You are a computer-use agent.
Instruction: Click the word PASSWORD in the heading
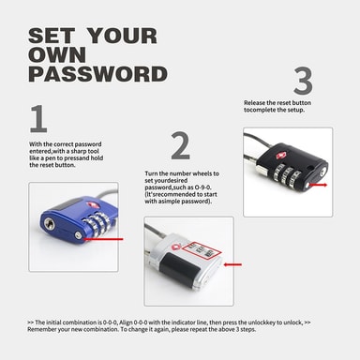[97, 74]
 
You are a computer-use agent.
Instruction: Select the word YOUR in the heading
[122, 36]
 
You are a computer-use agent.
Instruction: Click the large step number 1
[38, 119]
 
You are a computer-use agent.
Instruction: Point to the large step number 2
[181, 146]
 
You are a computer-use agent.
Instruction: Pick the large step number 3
[303, 81]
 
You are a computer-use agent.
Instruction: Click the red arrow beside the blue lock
[103, 239]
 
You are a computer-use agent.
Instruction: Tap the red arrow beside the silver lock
[232, 264]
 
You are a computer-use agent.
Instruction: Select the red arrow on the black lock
[318, 185]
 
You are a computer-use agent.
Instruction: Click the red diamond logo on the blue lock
[91, 204]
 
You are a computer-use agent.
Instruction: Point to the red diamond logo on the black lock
[280, 156]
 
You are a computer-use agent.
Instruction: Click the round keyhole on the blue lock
[49, 223]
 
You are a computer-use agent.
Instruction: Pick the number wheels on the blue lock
[97, 223]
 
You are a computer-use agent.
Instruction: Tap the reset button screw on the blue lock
[79, 235]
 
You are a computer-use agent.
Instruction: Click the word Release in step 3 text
[255, 103]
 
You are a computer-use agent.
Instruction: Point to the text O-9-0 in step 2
[203, 187]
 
